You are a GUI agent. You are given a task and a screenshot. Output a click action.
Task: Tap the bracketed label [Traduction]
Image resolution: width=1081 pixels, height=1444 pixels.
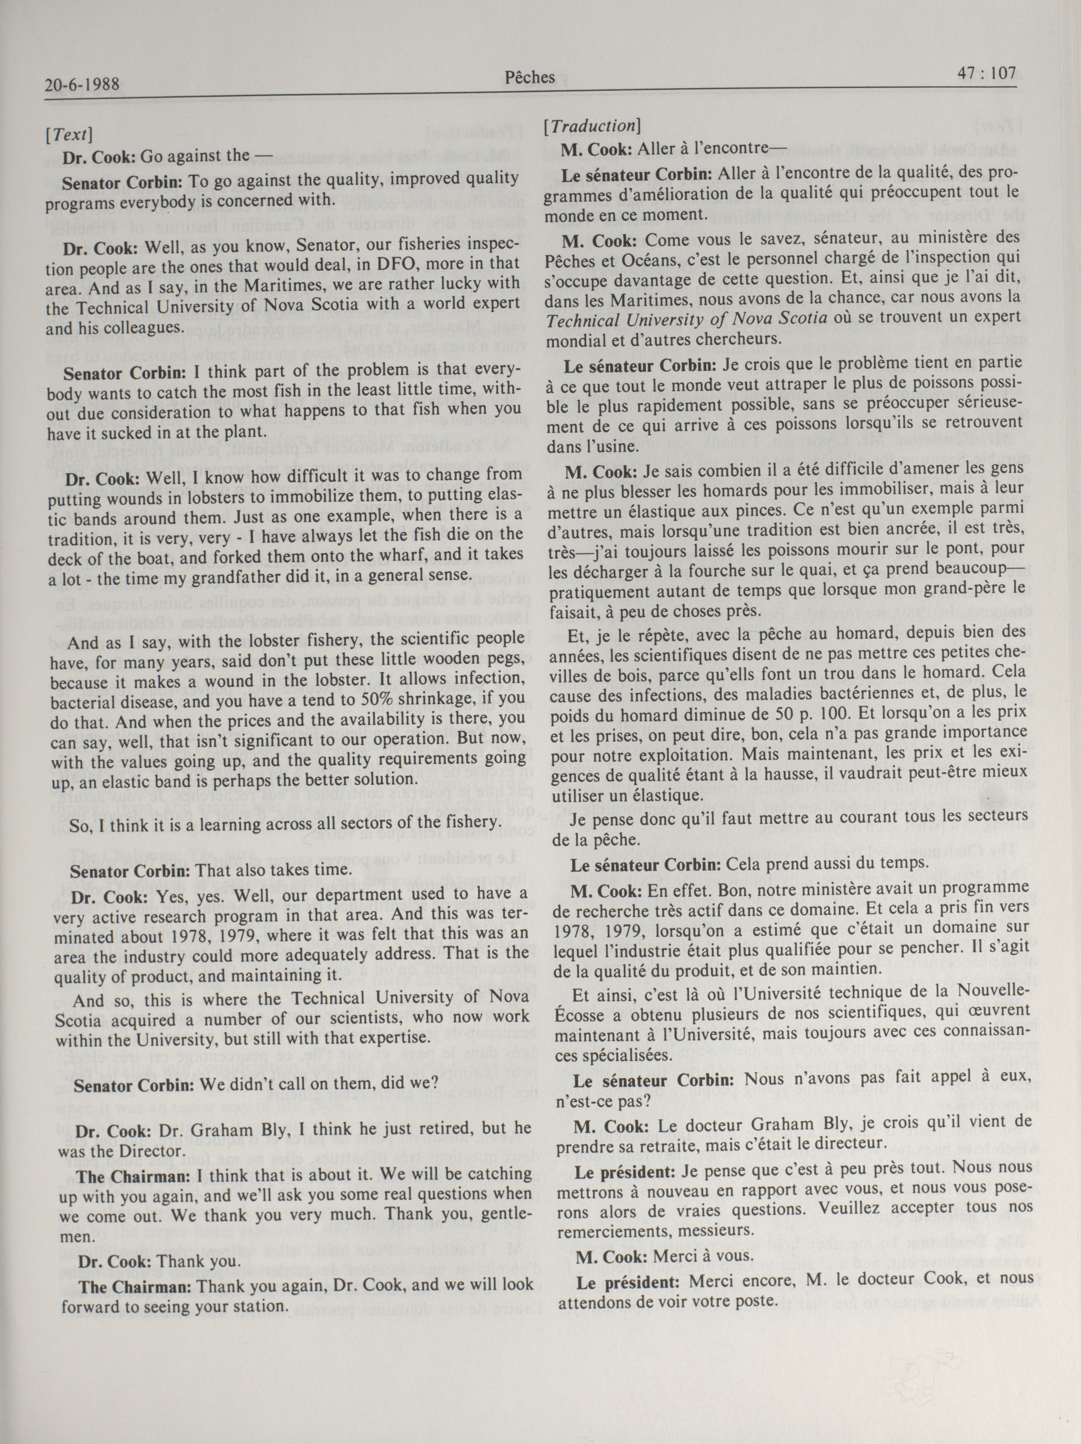[591, 125]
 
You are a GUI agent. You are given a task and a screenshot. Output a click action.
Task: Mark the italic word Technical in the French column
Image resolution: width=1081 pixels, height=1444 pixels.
[577, 320]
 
